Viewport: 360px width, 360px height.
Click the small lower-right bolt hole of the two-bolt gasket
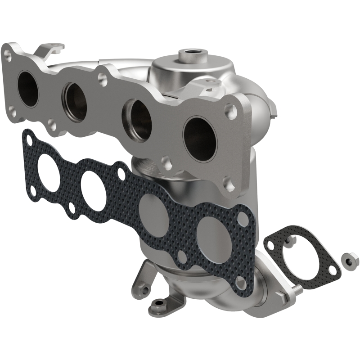[x=332, y=270]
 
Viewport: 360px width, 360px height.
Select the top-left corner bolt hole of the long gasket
[x=29, y=140]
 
